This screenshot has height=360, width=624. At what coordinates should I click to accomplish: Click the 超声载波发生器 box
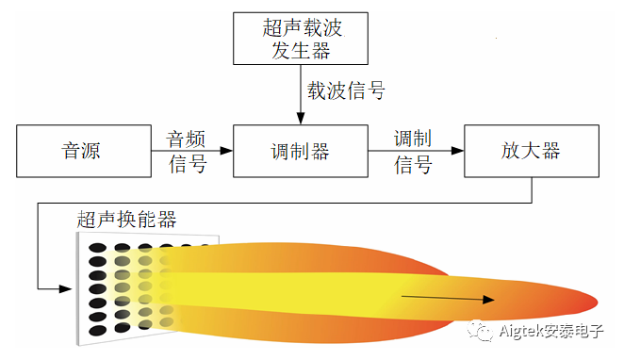(300, 38)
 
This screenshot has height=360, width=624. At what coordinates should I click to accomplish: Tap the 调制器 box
(300, 150)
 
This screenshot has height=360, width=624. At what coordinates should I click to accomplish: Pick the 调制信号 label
(413, 151)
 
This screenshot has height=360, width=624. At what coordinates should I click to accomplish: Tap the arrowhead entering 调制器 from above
(300, 119)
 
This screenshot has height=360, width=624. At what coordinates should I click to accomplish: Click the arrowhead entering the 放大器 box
(458, 150)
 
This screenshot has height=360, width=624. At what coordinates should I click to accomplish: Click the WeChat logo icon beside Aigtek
(483, 331)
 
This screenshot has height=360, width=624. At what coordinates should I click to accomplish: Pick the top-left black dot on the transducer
(96, 248)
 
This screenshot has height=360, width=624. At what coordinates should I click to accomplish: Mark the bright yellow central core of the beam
(311, 293)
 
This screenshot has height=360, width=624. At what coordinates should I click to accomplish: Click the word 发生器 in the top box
(300, 49)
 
